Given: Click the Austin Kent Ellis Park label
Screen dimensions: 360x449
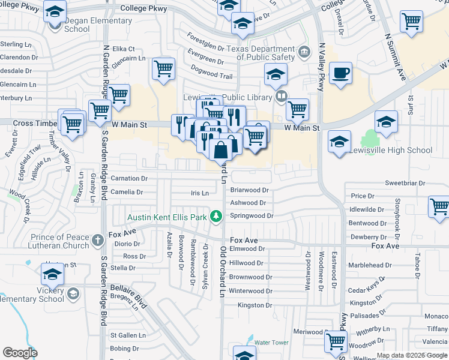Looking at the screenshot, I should tap(167, 217).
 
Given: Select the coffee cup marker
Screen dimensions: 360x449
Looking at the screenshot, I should tap(341, 73).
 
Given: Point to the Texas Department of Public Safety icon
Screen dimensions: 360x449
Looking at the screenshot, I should tap(304, 52).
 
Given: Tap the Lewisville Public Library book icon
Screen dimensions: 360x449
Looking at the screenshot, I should tap(280, 95).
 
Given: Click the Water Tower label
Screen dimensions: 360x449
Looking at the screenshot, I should tap(271, 343).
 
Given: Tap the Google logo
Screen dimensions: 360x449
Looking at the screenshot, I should tap(20, 352).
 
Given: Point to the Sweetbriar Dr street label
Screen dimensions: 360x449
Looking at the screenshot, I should tap(405, 183).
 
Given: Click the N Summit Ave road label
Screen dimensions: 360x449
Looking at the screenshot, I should tap(394, 56).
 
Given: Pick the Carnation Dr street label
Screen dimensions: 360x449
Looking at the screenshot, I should tap(128, 178).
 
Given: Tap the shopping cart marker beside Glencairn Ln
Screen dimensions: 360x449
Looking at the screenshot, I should tap(163, 69).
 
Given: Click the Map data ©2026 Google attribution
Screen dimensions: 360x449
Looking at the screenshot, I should tap(411, 355).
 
